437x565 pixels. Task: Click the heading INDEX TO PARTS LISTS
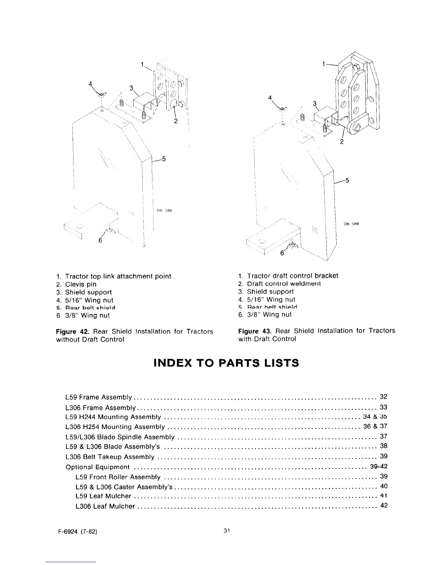226,363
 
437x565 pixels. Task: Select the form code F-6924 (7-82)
76,531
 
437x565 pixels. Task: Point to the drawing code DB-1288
351,224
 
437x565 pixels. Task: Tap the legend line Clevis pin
80,284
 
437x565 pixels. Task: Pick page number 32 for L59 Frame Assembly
383,397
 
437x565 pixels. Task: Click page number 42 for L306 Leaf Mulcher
384,505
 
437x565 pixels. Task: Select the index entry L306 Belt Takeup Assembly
110,457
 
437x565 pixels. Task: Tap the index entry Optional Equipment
97,467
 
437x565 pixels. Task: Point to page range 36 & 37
375,426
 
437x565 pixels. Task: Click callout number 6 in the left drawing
100,240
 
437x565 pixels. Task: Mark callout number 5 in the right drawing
347,180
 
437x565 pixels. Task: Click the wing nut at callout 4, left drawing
102,94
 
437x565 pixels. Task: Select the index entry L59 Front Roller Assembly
118,477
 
